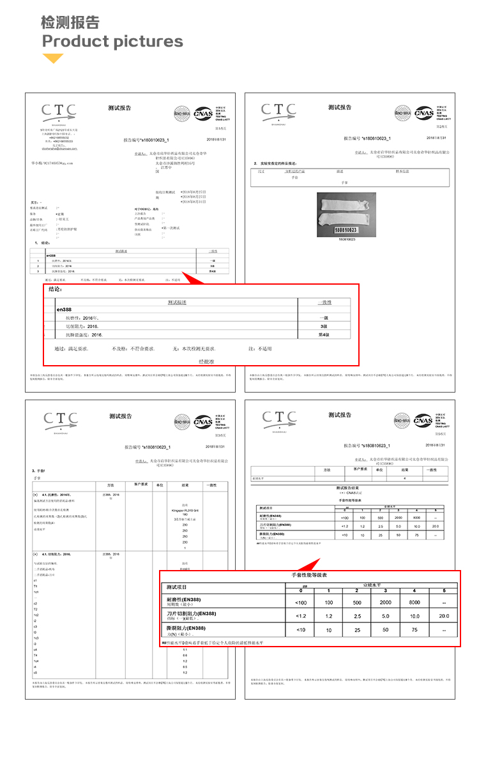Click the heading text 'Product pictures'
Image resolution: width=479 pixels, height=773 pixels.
(112, 42)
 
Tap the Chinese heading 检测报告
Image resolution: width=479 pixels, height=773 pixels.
(70, 23)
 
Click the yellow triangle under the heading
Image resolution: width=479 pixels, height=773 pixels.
(53, 59)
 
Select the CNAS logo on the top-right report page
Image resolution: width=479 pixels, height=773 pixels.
(424, 114)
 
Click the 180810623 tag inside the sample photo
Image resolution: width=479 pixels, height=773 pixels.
(345, 229)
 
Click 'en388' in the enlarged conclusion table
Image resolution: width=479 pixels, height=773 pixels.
(65, 310)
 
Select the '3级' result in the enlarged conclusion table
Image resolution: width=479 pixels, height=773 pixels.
(324, 326)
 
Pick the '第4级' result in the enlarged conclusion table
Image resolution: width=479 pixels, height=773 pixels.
(324, 334)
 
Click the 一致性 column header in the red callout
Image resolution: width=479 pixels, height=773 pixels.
(324, 302)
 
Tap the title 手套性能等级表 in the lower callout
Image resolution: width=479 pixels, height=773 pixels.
(309, 575)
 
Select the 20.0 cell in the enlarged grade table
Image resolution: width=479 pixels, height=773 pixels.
(444, 616)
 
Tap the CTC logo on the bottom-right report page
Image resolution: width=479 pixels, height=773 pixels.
(279, 419)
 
